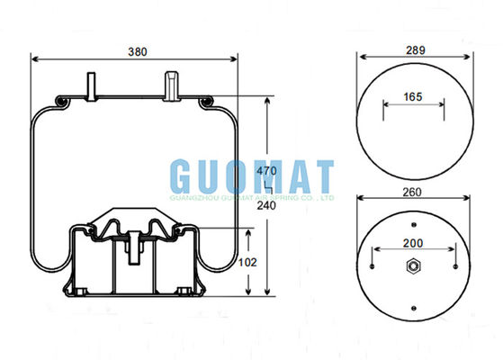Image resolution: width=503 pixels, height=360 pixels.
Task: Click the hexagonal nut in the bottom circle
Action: coord(415,265)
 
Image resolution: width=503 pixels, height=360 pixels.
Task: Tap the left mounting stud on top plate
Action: coord(91,85)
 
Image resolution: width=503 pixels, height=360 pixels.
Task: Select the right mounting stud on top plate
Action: coord(171,85)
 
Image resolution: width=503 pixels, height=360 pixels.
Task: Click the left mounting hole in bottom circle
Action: coord(371,265)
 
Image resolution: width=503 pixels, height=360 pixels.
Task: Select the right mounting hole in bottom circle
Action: coord(458,265)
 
